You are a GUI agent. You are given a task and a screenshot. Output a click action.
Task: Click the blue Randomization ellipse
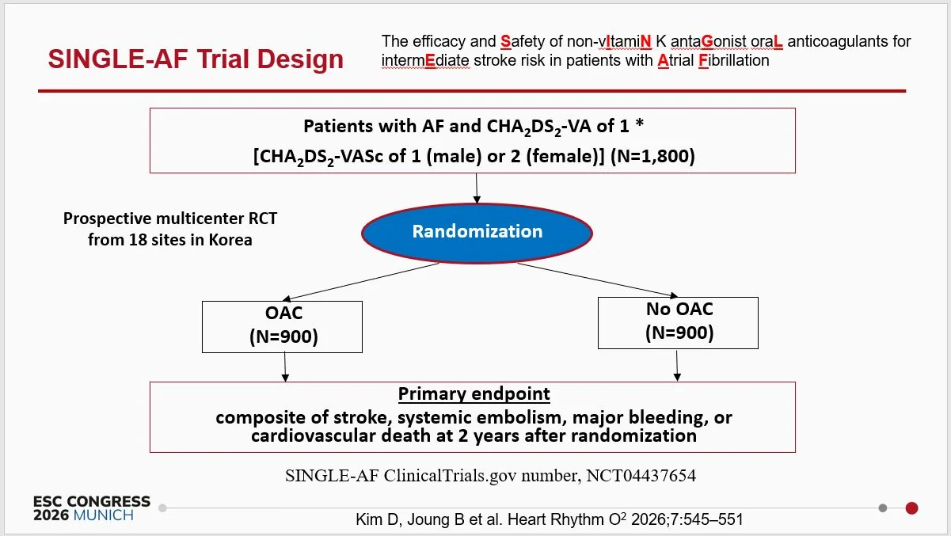[477, 233]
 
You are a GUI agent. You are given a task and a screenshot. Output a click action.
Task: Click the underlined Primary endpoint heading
[474, 394]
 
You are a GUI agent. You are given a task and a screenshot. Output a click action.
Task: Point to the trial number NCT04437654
[641, 476]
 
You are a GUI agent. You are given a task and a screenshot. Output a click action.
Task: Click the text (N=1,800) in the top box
[652, 156]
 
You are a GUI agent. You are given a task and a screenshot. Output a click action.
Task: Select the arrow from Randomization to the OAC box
[361, 282]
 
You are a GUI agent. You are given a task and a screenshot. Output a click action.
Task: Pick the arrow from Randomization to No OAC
[597, 280]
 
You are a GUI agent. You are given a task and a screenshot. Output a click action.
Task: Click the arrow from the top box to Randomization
[477, 188]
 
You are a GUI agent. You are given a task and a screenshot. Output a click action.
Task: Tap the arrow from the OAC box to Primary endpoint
[285, 367]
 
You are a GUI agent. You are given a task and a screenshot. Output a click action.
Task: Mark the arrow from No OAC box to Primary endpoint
[677, 366]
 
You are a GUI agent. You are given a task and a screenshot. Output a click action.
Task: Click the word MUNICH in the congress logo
[104, 515]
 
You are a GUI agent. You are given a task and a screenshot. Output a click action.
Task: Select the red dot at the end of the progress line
[911, 508]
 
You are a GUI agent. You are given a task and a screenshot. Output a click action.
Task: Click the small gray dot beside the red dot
[883, 508]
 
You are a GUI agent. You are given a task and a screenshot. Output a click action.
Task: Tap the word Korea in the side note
[230, 240]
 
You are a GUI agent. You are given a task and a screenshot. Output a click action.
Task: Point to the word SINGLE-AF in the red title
[118, 59]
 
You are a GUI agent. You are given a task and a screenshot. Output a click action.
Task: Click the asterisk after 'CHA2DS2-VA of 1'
[639, 124]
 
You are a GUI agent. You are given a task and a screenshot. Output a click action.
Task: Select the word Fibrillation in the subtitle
[733, 61]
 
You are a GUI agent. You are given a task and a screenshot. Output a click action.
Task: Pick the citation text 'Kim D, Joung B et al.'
[429, 519]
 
